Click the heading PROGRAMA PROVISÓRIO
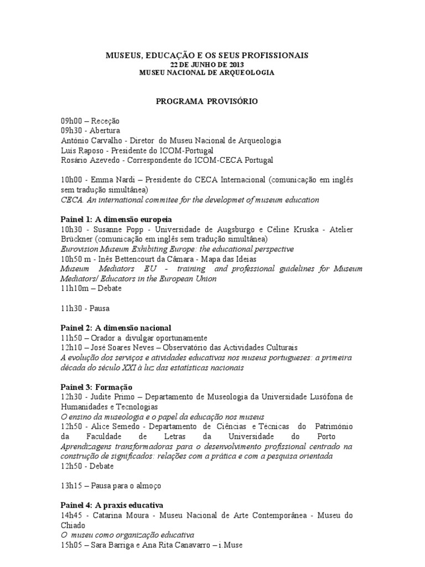click(206, 101)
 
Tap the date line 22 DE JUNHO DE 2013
click(206, 64)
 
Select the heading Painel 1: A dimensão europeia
click(116, 219)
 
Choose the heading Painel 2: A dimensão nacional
click(116, 328)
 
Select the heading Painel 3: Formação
click(97, 387)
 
